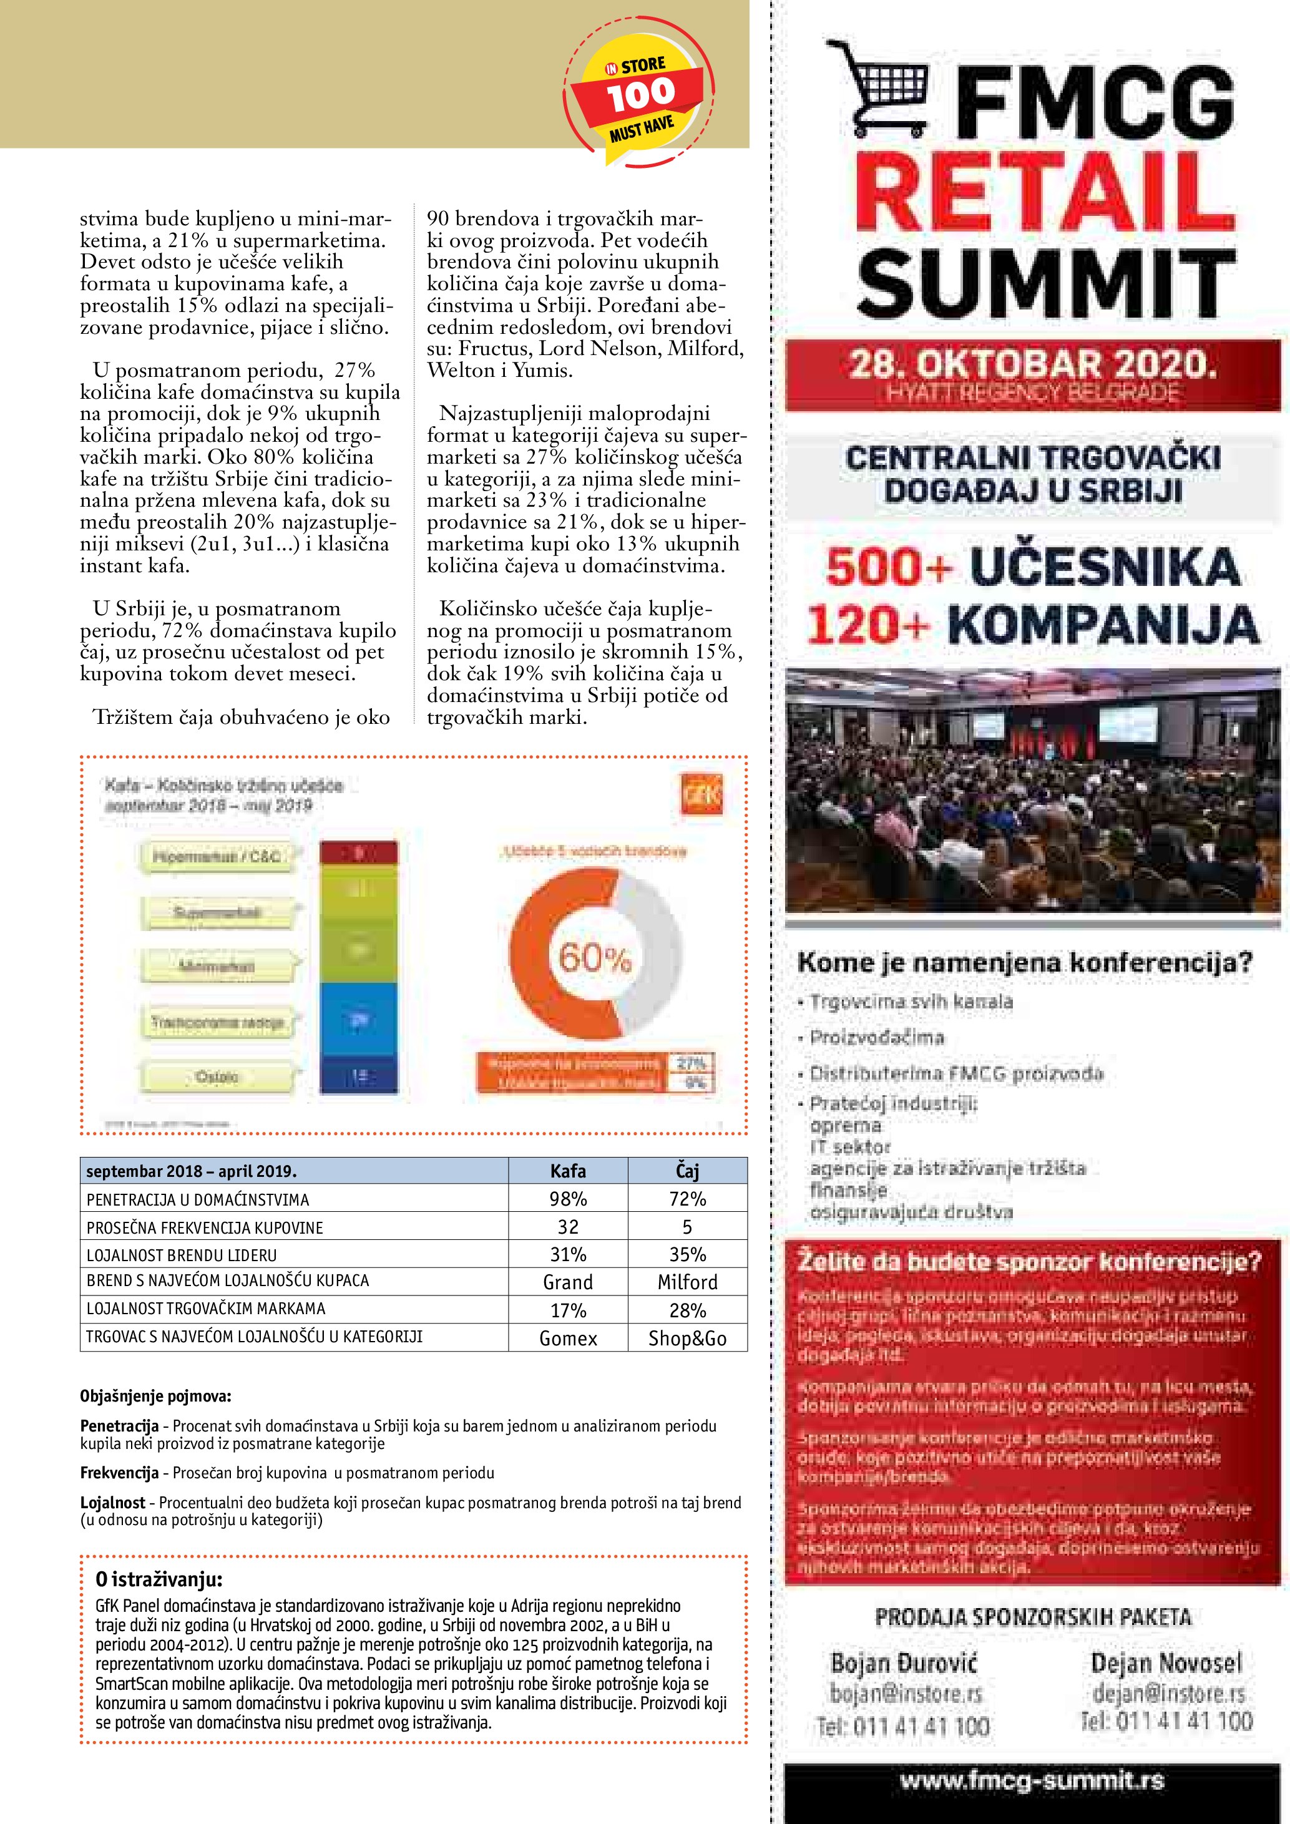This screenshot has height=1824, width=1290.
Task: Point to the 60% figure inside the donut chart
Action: pos(595,957)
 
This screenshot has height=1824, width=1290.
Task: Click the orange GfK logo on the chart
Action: pos(701,795)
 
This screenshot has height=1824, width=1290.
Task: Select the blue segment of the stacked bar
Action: pos(358,1019)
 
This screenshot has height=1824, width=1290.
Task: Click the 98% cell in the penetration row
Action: pos(568,1199)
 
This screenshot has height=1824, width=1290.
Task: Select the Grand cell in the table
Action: pos(568,1282)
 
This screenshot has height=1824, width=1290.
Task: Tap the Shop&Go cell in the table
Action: pos(687,1339)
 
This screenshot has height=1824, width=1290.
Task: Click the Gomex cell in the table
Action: pos(568,1339)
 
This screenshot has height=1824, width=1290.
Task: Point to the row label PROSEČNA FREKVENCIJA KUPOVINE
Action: pos(205,1227)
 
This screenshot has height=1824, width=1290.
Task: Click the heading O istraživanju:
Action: pos(159,1579)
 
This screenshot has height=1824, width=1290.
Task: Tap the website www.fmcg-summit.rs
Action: pos(1032,1780)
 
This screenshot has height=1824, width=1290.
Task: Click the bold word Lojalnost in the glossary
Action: pos(113,1502)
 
